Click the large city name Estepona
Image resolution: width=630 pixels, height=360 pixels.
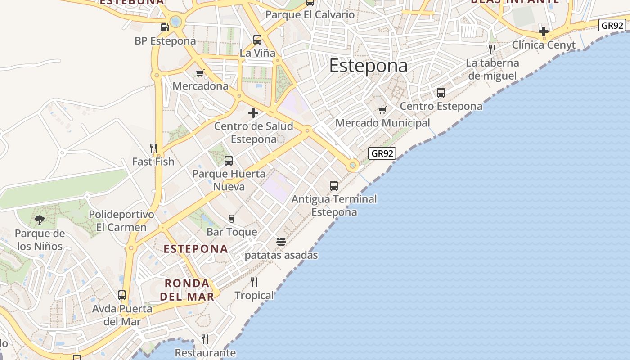click(x=369, y=66)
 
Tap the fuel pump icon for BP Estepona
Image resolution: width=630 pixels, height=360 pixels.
click(x=165, y=27)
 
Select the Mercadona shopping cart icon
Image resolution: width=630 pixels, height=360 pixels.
click(x=200, y=73)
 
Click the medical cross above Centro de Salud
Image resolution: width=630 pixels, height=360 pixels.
click(x=253, y=112)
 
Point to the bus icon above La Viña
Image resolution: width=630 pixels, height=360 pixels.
click(x=257, y=40)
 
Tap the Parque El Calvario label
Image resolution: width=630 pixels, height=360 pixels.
click(x=310, y=14)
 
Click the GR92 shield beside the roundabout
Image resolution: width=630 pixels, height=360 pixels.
click(x=382, y=153)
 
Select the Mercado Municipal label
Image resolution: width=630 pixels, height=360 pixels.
click(x=382, y=123)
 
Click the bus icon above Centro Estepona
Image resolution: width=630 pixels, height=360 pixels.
click(x=441, y=93)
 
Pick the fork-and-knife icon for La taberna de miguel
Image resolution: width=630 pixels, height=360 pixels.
click(x=492, y=49)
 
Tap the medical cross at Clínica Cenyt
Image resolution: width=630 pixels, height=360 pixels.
click(x=544, y=31)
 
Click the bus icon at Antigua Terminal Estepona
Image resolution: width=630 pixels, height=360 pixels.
click(x=334, y=185)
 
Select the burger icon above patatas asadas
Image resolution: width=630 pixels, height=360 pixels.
click(x=281, y=242)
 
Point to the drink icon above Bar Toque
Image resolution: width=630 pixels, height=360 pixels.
click(x=232, y=219)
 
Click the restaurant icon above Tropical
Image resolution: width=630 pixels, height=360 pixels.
click(x=254, y=282)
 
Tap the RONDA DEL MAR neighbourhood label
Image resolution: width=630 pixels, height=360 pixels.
click(x=187, y=290)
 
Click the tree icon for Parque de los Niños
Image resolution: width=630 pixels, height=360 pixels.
click(x=40, y=220)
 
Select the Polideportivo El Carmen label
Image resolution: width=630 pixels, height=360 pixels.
click(x=121, y=221)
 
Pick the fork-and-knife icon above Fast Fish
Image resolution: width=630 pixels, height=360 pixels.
click(x=153, y=148)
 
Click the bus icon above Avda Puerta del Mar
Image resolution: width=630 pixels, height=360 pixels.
click(x=122, y=295)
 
